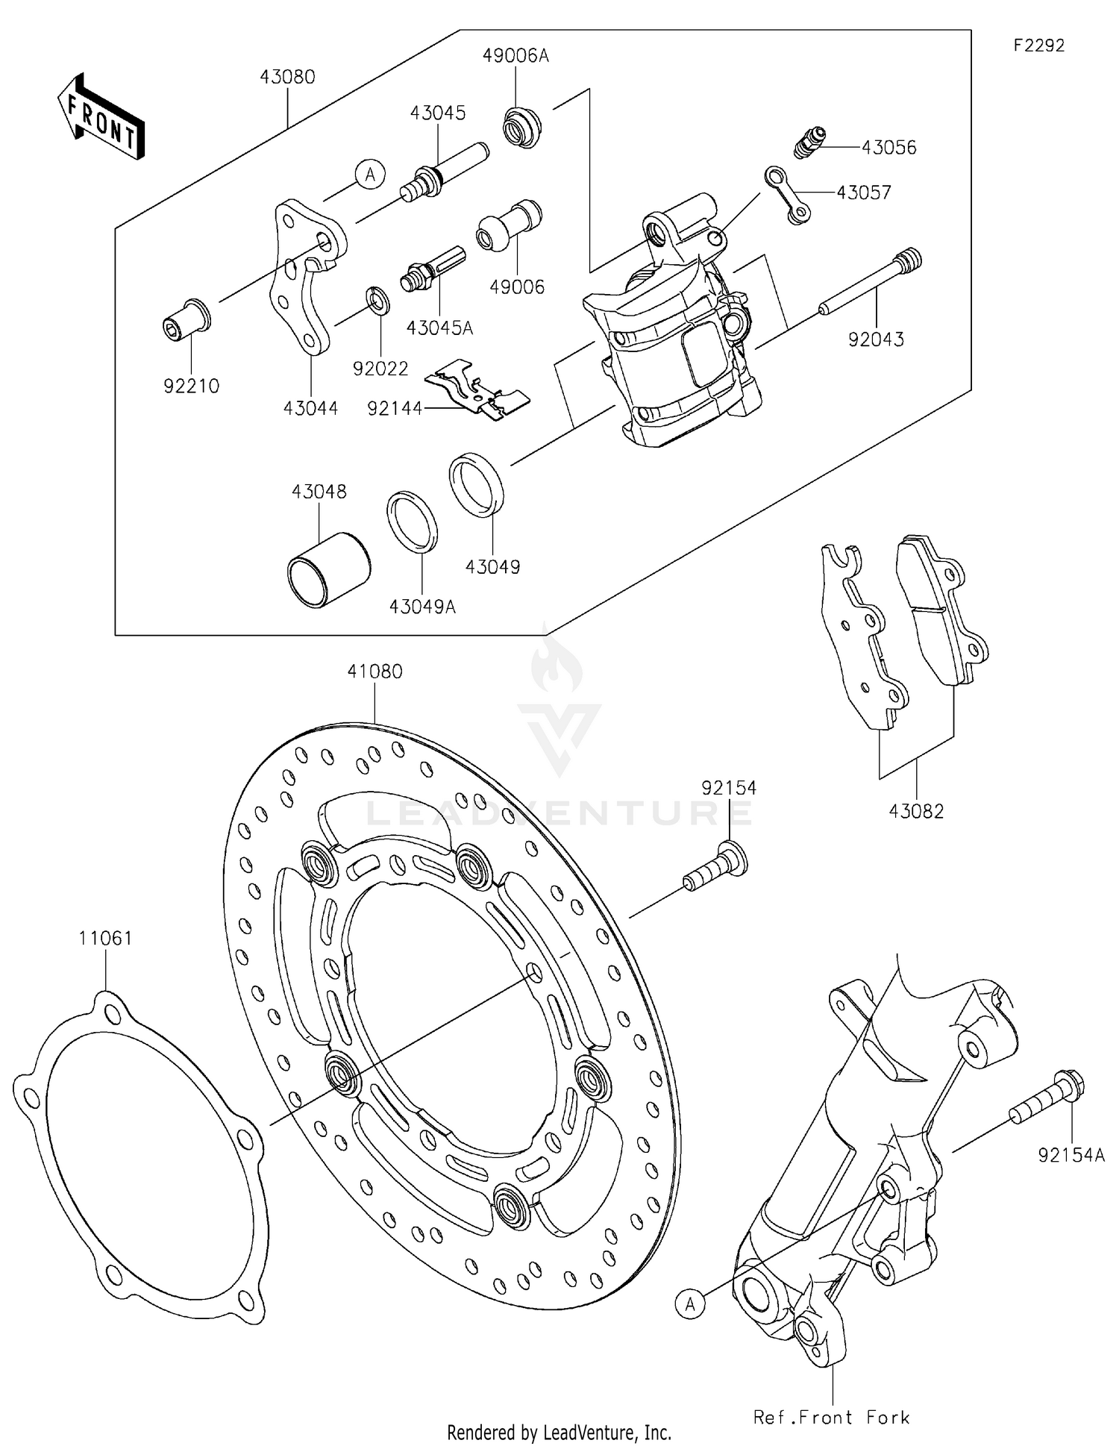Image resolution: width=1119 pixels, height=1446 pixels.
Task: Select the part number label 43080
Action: coord(287,77)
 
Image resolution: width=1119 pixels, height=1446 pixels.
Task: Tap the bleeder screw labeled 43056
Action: coord(809,141)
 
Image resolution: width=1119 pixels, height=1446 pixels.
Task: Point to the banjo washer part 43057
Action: coord(787,195)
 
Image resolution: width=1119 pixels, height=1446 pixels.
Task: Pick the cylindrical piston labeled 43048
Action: coord(328,569)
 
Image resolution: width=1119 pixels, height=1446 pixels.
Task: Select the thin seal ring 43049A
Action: coord(412,521)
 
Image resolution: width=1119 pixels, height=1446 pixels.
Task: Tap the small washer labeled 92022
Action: coord(377,300)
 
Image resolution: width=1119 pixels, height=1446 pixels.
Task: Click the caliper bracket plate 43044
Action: coord(306,276)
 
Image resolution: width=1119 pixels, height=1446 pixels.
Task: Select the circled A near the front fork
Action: coord(691,1304)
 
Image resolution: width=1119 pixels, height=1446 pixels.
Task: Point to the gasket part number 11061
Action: coord(106,938)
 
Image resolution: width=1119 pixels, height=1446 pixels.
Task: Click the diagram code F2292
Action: coord(1038,46)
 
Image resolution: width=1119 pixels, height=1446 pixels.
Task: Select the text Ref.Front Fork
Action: coord(831,1418)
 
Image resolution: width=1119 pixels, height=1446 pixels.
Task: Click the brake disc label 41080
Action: coord(374,672)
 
